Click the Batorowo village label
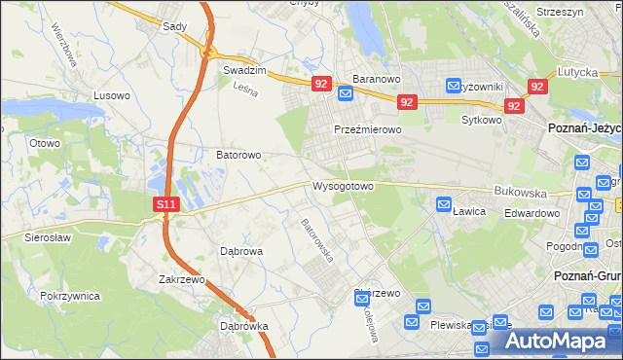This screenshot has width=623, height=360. (x=238, y=155)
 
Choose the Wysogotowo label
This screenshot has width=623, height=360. (x=343, y=185)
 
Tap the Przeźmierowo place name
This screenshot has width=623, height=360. (x=368, y=129)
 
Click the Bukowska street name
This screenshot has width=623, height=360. (x=516, y=193)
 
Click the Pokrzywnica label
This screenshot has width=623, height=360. (x=69, y=295)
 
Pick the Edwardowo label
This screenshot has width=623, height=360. (x=531, y=213)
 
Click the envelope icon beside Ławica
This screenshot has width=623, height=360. (x=444, y=204)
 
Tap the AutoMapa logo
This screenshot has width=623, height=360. (x=560, y=342)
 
